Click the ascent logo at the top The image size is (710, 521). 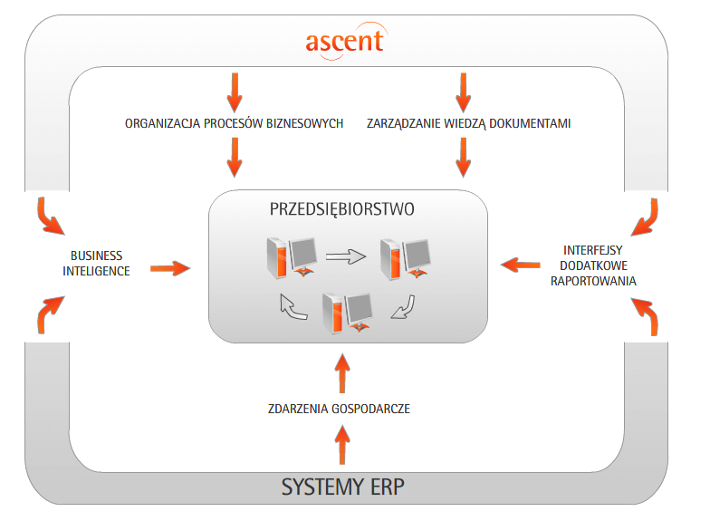point(344,40)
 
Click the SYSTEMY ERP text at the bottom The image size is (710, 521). point(342,487)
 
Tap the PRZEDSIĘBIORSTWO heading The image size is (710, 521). point(342,209)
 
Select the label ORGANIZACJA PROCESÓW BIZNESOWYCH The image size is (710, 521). point(234,123)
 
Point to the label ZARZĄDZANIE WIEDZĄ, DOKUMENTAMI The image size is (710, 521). point(469,123)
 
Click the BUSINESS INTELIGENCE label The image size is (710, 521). point(96,263)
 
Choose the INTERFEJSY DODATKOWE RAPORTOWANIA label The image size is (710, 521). point(594,265)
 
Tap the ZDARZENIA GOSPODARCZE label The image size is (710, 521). point(340,409)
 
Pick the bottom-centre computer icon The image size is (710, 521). point(347,314)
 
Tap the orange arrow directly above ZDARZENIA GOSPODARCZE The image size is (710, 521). point(341,371)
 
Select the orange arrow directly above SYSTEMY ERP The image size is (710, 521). point(341,446)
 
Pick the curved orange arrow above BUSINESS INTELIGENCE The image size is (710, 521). point(45,213)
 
